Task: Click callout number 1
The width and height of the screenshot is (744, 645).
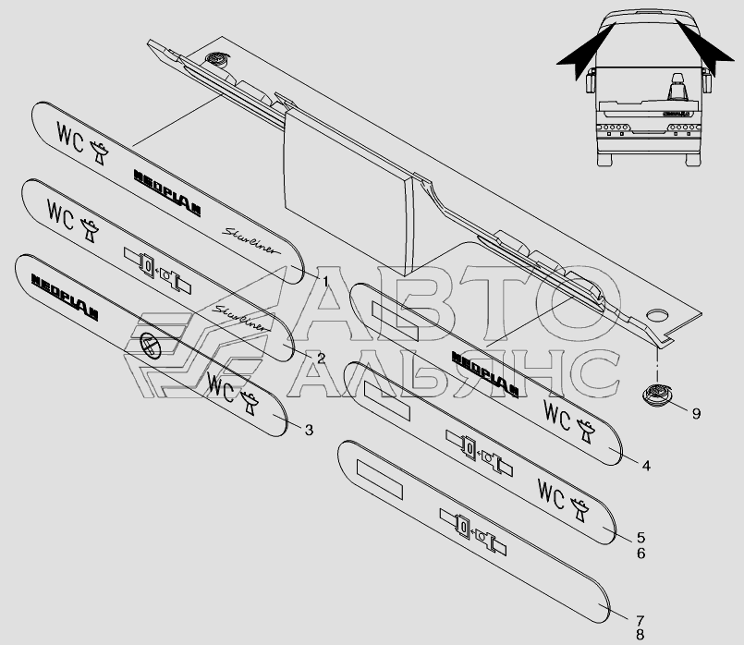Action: pos(325,277)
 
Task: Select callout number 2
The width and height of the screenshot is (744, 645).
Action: pos(321,357)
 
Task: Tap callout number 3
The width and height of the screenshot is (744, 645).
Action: pos(309,430)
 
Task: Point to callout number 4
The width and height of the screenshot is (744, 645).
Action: pos(646,466)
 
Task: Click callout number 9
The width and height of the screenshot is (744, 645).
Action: pos(697,412)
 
